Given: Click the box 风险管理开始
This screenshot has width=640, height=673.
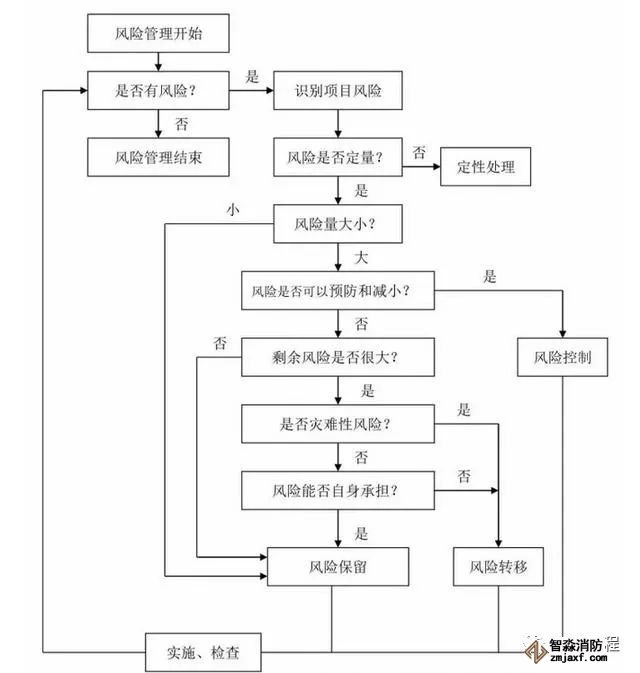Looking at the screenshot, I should point(160,33).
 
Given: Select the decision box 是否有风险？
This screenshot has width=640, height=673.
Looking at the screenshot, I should point(160,91).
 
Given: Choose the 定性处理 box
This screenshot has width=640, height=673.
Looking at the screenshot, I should point(485,166).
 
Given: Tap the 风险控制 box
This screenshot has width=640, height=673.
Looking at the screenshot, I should point(563,356).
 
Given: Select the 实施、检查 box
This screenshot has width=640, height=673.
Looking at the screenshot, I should point(203,653).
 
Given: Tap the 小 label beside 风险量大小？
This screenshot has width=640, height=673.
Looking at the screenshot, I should point(232,210).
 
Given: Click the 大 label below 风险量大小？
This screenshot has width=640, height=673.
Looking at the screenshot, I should point(361,258).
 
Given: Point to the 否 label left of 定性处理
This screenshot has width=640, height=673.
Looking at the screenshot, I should point(419,153).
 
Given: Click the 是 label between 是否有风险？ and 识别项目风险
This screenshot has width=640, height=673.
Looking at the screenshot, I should point(251,77).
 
